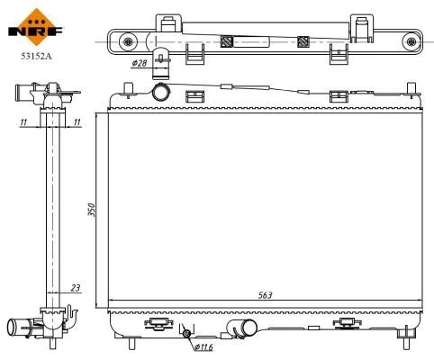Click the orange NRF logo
(x=36, y=27)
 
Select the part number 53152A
(x=36, y=56)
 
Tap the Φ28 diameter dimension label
(x=140, y=63)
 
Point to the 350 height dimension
(x=92, y=210)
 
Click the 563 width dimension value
(x=266, y=295)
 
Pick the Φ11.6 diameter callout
(x=203, y=347)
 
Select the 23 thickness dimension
(x=76, y=288)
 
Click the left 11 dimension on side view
(x=23, y=122)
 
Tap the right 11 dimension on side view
(x=77, y=122)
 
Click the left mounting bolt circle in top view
(x=128, y=41)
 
